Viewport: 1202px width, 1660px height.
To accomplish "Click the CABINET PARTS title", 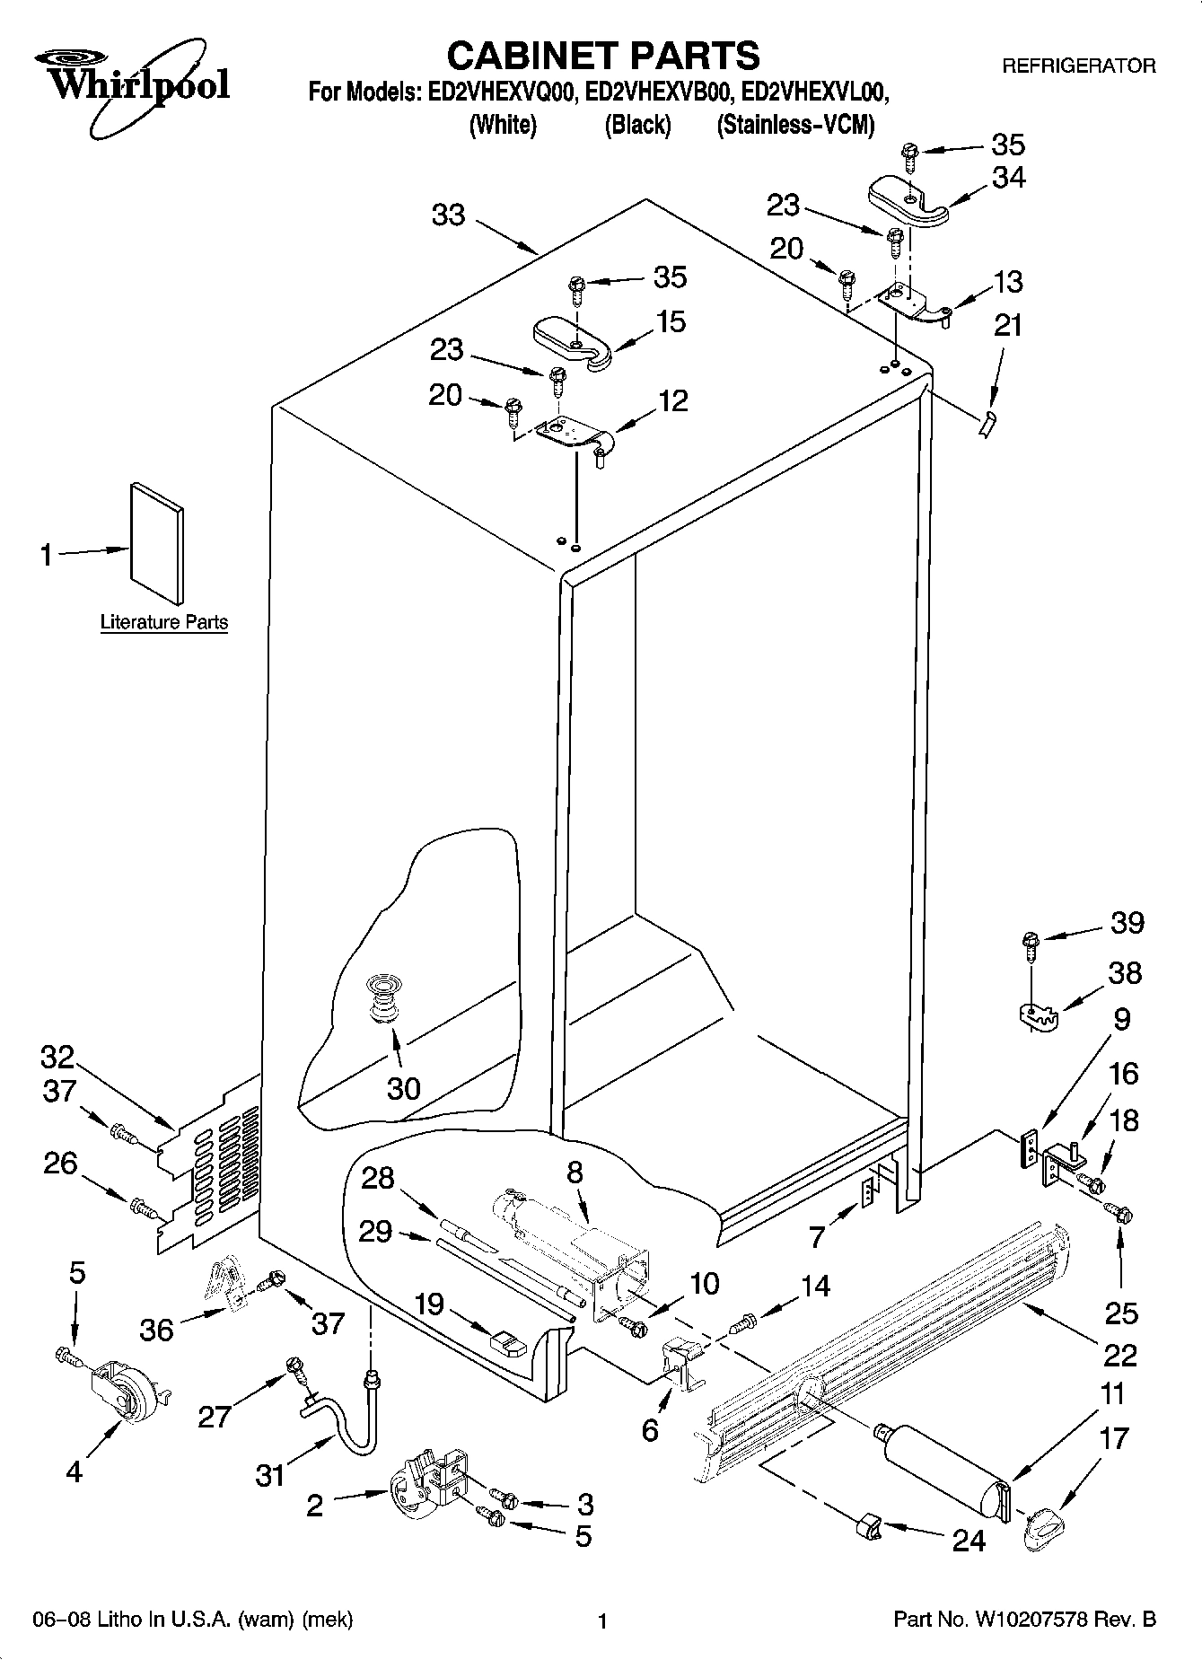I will click(602, 56).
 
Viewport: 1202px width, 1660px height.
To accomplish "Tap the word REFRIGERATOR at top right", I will click(1078, 66).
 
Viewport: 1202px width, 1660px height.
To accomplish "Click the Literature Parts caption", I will click(164, 622).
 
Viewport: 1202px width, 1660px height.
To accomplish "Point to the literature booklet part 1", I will click(158, 543).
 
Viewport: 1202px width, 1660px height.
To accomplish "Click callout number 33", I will click(449, 215).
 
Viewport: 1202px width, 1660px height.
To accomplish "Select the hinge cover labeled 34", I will click(908, 198).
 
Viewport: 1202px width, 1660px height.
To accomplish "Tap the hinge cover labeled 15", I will click(573, 340).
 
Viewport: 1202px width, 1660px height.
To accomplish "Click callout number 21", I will click(1008, 324).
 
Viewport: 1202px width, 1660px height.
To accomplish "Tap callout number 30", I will click(403, 1088).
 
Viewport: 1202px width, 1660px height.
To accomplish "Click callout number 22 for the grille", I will click(1119, 1354).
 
